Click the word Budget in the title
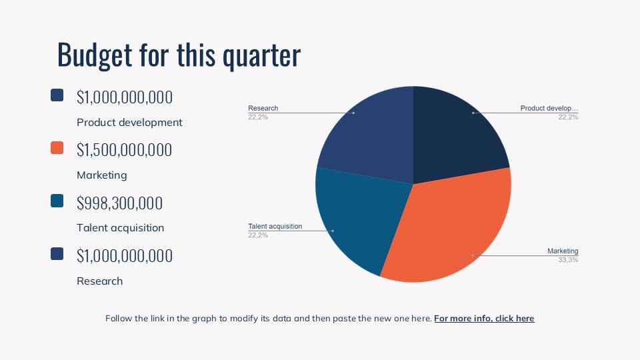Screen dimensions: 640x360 coord(95,55)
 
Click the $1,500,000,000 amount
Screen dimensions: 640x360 coord(124,150)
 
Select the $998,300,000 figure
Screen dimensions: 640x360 coord(119,203)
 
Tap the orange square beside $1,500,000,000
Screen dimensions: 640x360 coord(57,148)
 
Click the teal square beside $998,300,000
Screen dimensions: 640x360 coord(57,201)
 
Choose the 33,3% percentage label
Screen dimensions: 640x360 coord(568,260)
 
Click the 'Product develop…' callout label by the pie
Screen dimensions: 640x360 coord(549,108)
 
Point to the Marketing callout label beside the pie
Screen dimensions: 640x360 coord(563,251)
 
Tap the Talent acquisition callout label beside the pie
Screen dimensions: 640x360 coord(275,226)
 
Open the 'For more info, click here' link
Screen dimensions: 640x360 coord(484,319)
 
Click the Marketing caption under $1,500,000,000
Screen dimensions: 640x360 coord(101,175)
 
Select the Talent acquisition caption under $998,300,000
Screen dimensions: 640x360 coord(121,228)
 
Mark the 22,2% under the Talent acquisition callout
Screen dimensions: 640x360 coord(258,235)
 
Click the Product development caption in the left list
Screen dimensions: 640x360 coord(129,123)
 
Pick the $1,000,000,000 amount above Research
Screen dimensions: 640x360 coord(125,256)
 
